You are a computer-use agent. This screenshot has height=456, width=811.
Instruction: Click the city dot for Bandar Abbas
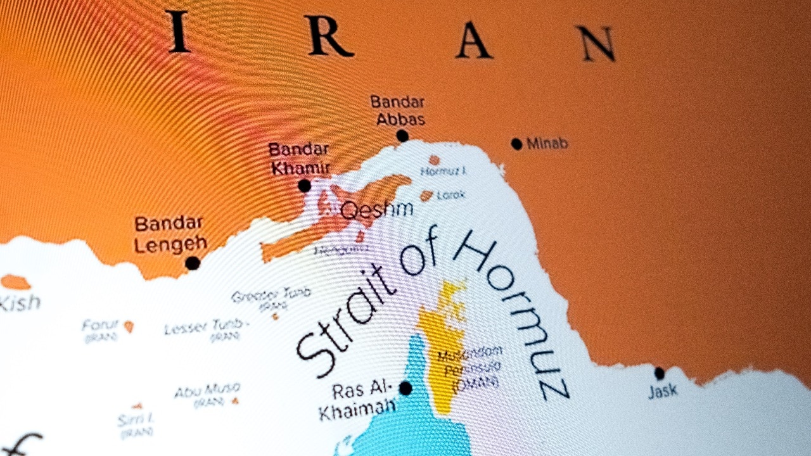click(402, 136)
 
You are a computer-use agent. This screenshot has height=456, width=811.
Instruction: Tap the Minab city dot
click(517, 144)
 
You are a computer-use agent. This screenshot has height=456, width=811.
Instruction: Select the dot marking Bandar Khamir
click(305, 186)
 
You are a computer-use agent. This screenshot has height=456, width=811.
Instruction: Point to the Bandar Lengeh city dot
click(193, 263)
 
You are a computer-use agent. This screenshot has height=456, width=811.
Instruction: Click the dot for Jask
click(660, 373)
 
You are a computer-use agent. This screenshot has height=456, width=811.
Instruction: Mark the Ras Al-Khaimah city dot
click(405, 388)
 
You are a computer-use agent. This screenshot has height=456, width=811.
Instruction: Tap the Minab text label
click(547, 144)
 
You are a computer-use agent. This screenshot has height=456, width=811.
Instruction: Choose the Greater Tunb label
click(271, 295)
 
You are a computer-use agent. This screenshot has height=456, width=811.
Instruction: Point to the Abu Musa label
click(207, 389)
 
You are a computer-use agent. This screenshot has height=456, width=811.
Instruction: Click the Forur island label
click(100, 326)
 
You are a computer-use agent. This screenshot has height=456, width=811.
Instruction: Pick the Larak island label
click(450, 194)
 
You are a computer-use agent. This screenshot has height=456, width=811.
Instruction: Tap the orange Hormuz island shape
click(434, 160)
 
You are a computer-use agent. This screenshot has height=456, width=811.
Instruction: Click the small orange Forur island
click(129, 326)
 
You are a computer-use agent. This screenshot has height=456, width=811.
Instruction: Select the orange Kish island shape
click(15, 282)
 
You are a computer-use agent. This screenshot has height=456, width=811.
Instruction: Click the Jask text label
click(663, 391)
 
